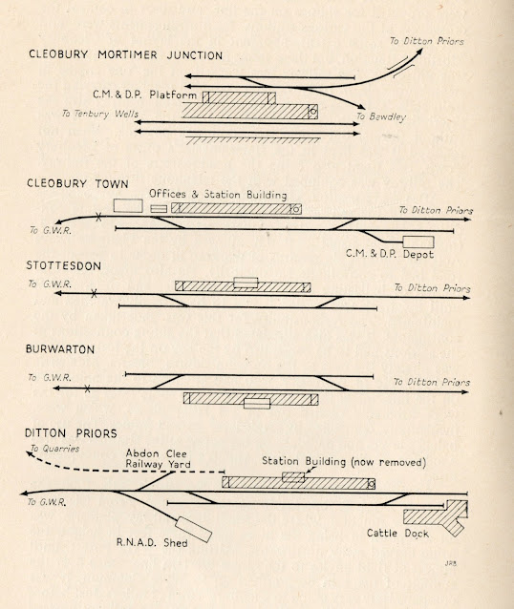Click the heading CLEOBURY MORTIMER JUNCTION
coord(125,54)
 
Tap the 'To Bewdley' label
coord(381,116)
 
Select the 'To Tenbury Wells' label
coord(100,114)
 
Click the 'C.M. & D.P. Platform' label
coord(144,94)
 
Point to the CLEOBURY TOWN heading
coord(77,183)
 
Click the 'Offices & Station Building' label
coord(218,194)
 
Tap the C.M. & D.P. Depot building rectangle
coord(418,241)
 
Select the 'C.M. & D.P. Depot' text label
coord(390,254)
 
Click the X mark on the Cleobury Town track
coord(98,218)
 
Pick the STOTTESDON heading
coord(64,265)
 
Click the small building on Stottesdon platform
coord(246,283)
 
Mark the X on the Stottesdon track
coord(94,294)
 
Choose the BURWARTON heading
coord(60,349)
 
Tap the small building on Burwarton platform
coord(257,404)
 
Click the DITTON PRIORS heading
coord(71,433)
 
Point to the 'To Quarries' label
coord(54,449)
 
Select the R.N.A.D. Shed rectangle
coord(193,530)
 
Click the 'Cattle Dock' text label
coord(397,534)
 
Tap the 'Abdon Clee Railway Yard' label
coord(158,459)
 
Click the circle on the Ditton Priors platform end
coord(372,484)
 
